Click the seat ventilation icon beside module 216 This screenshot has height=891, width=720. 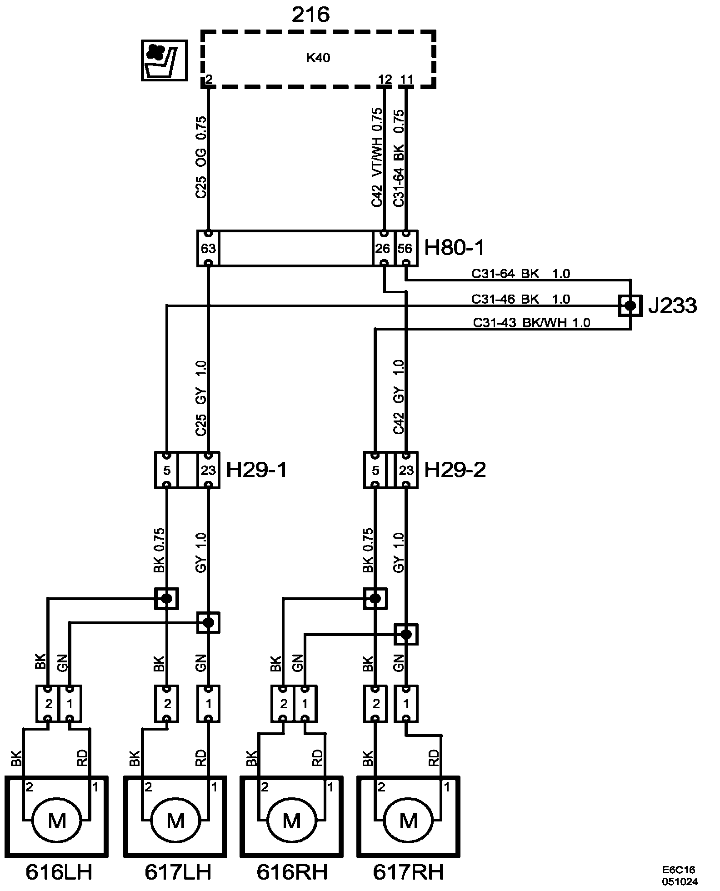click(x=164, y=60)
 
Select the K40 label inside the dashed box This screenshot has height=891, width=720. click(x=318, y=58)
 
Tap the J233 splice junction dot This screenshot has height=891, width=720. click(x=630, y=305)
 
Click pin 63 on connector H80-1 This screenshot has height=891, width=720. click(x=208, y=248)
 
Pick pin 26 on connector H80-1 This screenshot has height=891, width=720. click(x=383, y=248)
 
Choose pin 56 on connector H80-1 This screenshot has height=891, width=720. click(x=405, y=248)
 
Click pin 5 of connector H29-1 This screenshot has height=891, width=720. click(x=167, y=470)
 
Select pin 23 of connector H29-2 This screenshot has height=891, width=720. click(x=406, y=470)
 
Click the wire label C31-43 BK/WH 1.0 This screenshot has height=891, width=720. click(x=531, y=323)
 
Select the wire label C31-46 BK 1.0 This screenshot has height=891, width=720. click(x=520, y=299)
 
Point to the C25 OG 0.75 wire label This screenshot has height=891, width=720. click(x=201, y=157)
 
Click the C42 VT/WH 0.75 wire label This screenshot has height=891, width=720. click(x=377, y=157)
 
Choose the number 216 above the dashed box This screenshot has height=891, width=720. click(x=310, y=15)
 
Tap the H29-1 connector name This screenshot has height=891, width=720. click(x=257, y=470)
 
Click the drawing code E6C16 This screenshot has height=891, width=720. click(x=679, y=870)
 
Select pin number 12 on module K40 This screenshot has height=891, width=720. click(x=385, y=80)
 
